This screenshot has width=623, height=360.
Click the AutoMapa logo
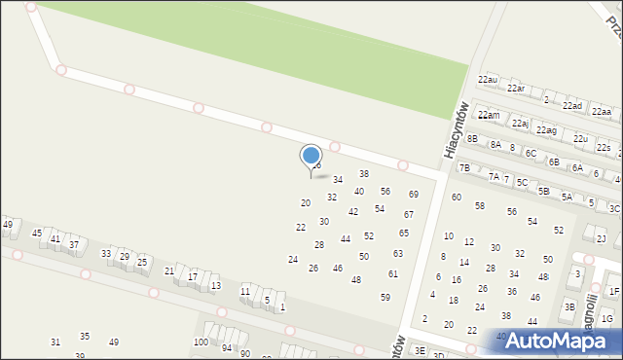(x=560, y=341)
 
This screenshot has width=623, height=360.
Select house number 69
(x=413, y=195)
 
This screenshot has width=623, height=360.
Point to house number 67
(x=409, y=214)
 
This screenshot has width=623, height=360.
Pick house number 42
(x=353, y=211)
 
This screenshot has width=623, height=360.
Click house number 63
(x=397, y=253)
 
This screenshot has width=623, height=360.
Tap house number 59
(x=385, y=297)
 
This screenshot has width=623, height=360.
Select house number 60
(x=456, y=197)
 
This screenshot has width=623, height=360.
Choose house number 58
(x=479, y=205)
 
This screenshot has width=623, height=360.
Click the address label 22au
(x=488, y=78)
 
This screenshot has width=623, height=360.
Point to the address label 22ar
(x=516, y=88)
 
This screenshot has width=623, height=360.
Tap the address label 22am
(x=489, y=115)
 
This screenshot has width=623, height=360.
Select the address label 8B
(x=473, y=139)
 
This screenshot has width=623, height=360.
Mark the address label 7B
(x=465, y=167)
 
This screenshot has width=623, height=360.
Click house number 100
(x=201, y=342)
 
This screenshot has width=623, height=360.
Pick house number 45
(x=37, y=233)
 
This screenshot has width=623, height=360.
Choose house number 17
(x=193, y=276)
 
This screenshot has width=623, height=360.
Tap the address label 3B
(x=569, y=306)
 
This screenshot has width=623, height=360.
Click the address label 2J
(x=601, y=238)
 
